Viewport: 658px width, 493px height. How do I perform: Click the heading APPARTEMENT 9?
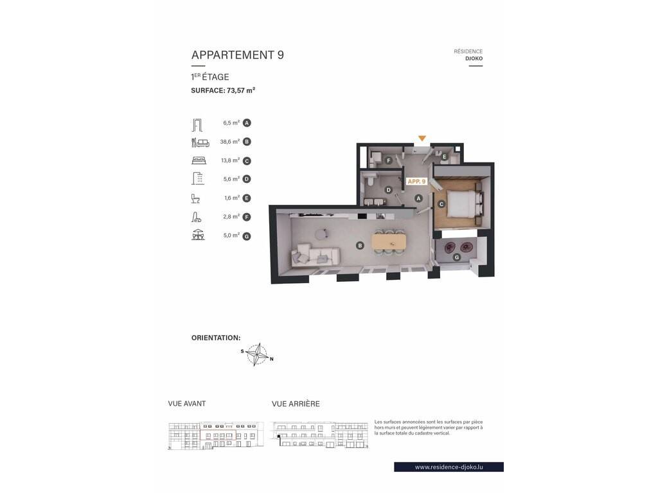(238, 55)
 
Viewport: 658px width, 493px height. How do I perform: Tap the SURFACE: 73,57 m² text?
(223, 90)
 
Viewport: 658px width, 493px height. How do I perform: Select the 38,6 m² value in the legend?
(230, 142)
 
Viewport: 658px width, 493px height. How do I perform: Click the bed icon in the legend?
(199, 160)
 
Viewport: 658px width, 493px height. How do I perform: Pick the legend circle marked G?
(247, 236)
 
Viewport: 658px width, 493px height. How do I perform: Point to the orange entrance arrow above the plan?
(422, 139)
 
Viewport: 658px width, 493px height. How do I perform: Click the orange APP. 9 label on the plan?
(416, 182)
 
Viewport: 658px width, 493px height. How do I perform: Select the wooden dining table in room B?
(389, 242)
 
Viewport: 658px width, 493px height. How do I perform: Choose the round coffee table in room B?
(323, 234)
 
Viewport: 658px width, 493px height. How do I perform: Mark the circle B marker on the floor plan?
(360, 246)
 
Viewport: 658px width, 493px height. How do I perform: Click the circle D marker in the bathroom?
(389, 190)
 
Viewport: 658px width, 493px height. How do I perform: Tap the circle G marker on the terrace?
(457, 257)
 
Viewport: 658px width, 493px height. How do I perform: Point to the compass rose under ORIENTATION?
(257, 354)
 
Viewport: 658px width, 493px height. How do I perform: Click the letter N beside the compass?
(272, 359)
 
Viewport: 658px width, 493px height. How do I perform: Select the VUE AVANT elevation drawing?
(216, 435)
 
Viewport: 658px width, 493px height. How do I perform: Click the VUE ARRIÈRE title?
(296, 404)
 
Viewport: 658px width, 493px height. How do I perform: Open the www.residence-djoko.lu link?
(449, 467)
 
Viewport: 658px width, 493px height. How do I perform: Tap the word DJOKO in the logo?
(474, 58)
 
